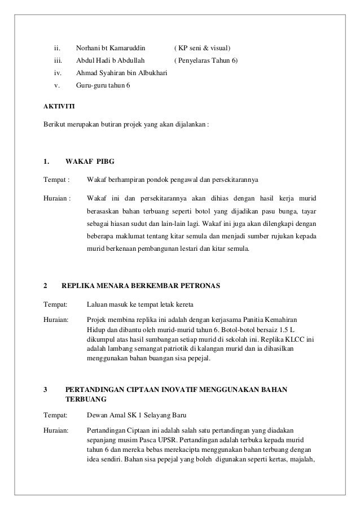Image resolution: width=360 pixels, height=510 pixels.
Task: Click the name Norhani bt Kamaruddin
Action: (x=110, y=45)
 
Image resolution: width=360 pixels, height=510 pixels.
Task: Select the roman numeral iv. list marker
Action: (x=57, y=72)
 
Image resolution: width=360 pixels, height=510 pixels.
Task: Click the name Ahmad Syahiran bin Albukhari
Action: (x=117, y=72)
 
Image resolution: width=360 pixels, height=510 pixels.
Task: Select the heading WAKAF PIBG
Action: (x=90, y=163)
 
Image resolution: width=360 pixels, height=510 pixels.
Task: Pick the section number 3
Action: (x=45, y=389)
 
